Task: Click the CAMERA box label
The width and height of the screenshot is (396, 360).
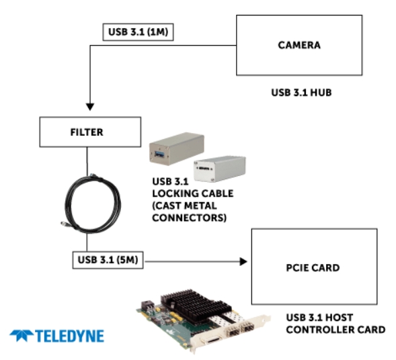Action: tap(299, 45)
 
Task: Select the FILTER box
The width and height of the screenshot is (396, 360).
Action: tap(90, 132)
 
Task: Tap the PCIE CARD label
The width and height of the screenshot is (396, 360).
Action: tap(313, 268)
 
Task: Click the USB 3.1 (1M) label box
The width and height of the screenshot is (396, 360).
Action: tap(138, 32)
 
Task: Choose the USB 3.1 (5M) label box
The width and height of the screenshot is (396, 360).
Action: tap(108, 260)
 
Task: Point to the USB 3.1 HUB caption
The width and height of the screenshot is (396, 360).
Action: tap(301, 93)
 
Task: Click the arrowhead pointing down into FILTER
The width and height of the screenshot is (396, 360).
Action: tap(90, 107)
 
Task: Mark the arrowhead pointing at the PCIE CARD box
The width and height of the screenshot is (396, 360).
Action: tap(243, 261)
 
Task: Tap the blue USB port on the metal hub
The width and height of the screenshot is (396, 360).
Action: tap(159, 153)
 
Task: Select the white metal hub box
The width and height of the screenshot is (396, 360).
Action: tap(220, 169)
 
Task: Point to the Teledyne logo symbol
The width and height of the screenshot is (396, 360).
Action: tap(22, 336)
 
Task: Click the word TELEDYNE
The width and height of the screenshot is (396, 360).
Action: tap(70, 336)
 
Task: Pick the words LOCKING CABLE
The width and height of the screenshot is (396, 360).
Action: tap(193, 193)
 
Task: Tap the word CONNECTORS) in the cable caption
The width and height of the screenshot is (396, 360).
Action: tap(189, 218)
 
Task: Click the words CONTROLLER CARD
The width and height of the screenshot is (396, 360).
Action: tap(335, 330)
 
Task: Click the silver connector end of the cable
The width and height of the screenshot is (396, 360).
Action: tap(64, 224)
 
